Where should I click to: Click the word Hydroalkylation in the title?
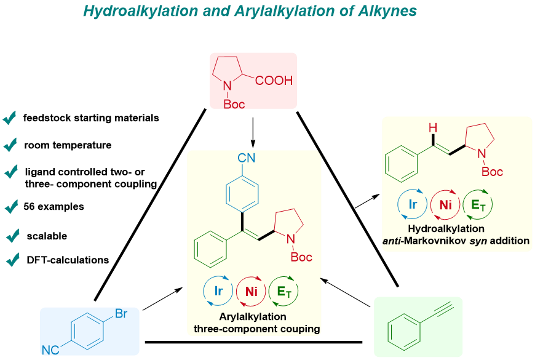(141, 11)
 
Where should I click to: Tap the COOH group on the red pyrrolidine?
(274, 81)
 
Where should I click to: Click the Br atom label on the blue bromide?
(121, 314)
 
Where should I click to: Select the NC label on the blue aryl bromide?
(50, 350)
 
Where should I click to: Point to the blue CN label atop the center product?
(247, 158)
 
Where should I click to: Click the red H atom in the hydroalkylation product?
(433, 128)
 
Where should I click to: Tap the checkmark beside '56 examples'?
(11, 207)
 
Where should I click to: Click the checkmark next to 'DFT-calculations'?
(13, 260)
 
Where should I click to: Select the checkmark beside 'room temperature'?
(10, 145)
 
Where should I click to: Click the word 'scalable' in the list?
(47, 236)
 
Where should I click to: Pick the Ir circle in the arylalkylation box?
(218, 290)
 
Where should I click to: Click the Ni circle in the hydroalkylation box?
(445, 204)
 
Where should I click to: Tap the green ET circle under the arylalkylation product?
(283, 290)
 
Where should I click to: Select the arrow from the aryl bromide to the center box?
(162, 299)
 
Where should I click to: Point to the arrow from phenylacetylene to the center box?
(346, 292)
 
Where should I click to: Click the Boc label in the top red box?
(234, 104)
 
